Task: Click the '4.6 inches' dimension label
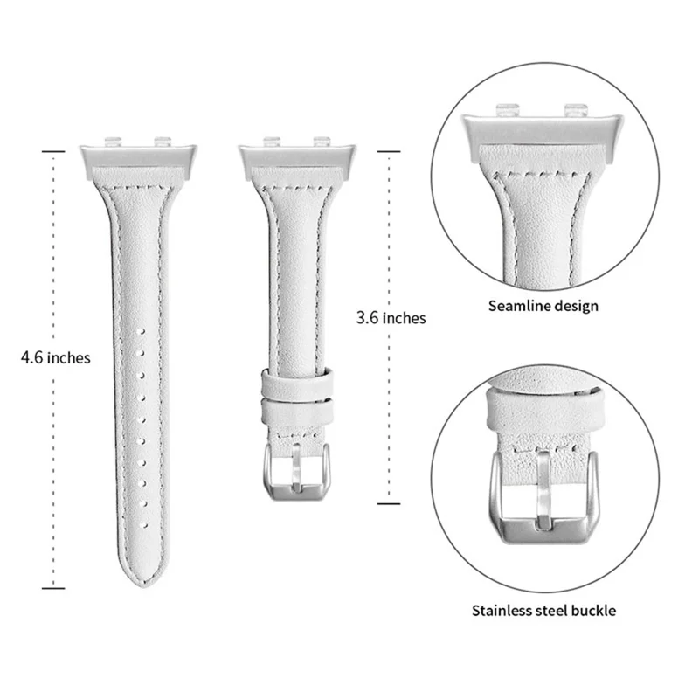(57, 357)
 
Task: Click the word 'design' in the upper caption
(578, 307)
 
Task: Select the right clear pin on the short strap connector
(322, 139)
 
